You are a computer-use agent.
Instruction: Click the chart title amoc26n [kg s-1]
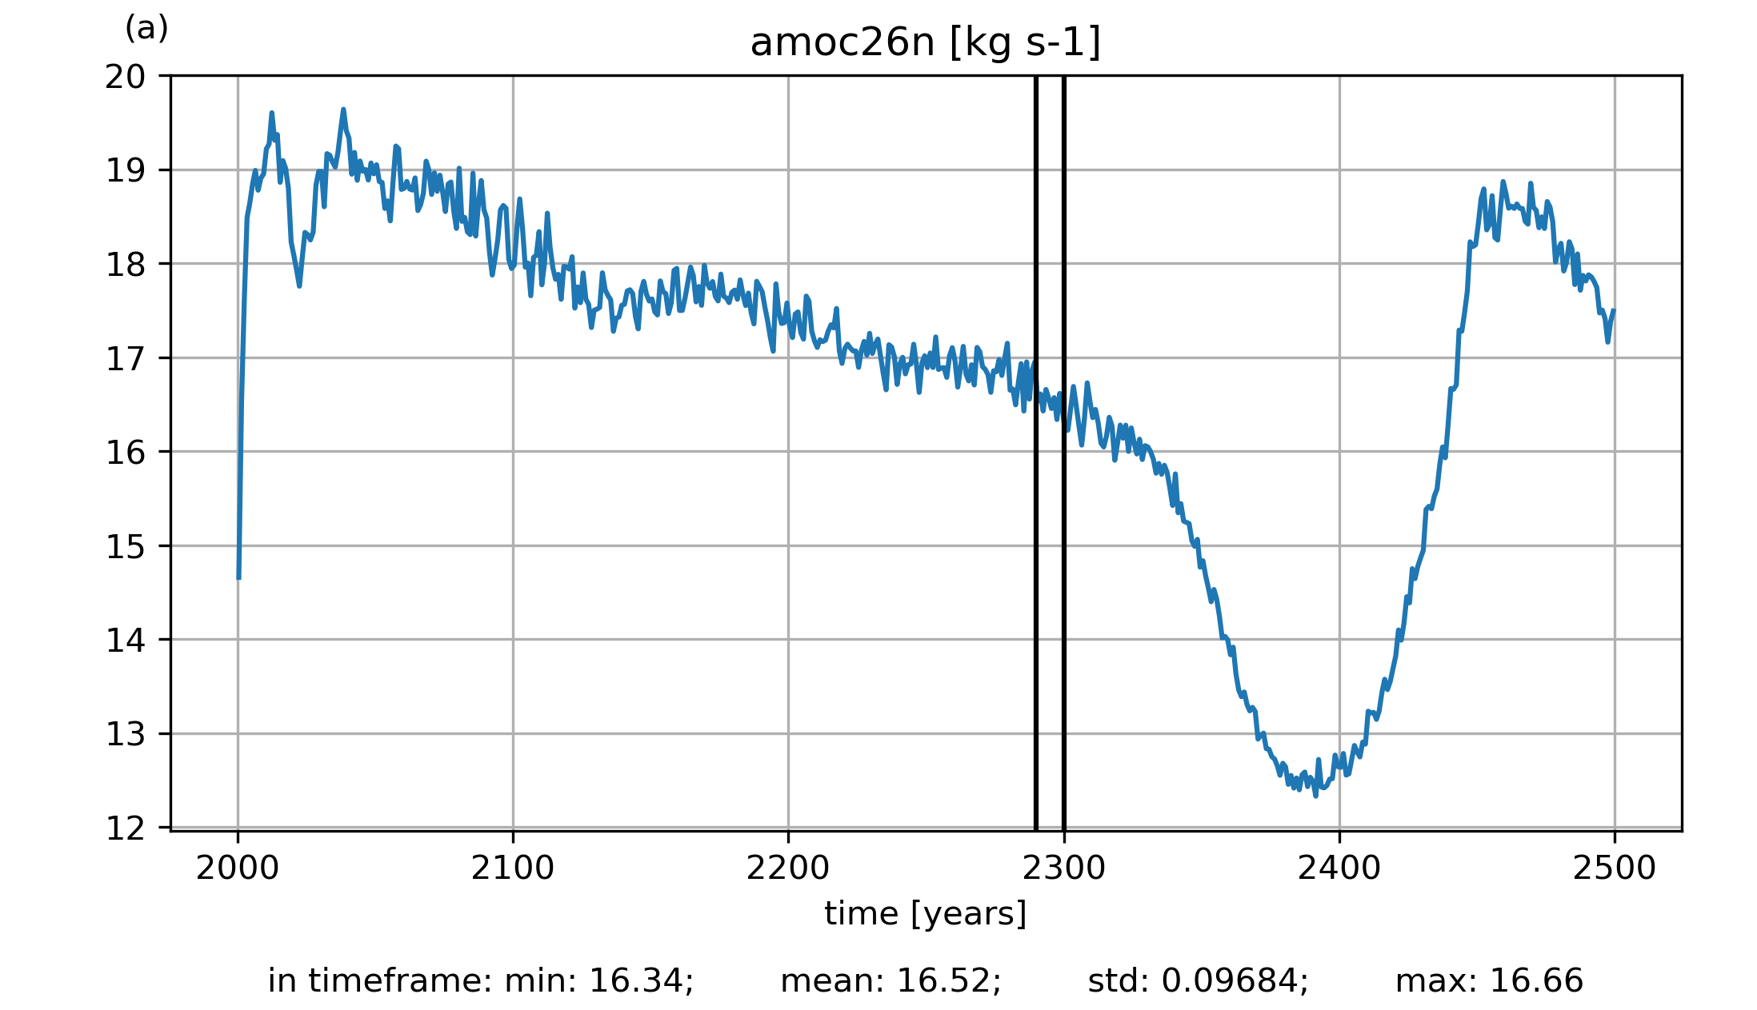pos(925,43)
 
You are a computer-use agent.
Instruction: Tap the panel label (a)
pos(146,29)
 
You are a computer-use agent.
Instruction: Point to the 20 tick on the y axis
pos(126,77)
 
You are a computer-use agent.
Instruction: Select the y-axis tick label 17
pos(126,359)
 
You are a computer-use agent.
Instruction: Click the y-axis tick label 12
pos(126,828)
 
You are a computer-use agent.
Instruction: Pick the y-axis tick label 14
pos(126,641)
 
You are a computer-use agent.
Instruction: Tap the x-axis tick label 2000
pos(238,868)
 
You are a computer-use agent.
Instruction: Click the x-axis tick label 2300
pos(1063,868)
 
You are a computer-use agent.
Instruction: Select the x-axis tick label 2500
pos(1614,868)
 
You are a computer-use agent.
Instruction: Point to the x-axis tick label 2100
pos(513,868)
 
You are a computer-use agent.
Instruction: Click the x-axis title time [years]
pos(925,913)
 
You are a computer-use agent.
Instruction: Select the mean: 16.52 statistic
pos(891,981)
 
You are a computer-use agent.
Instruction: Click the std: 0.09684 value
pos(1198,981)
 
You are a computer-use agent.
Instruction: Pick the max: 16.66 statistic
pos(1489,981)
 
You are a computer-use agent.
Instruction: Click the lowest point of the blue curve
pos(1315,796)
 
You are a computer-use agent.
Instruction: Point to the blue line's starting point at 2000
pos(238,577)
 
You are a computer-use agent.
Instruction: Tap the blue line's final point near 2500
pos(1614,310)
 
